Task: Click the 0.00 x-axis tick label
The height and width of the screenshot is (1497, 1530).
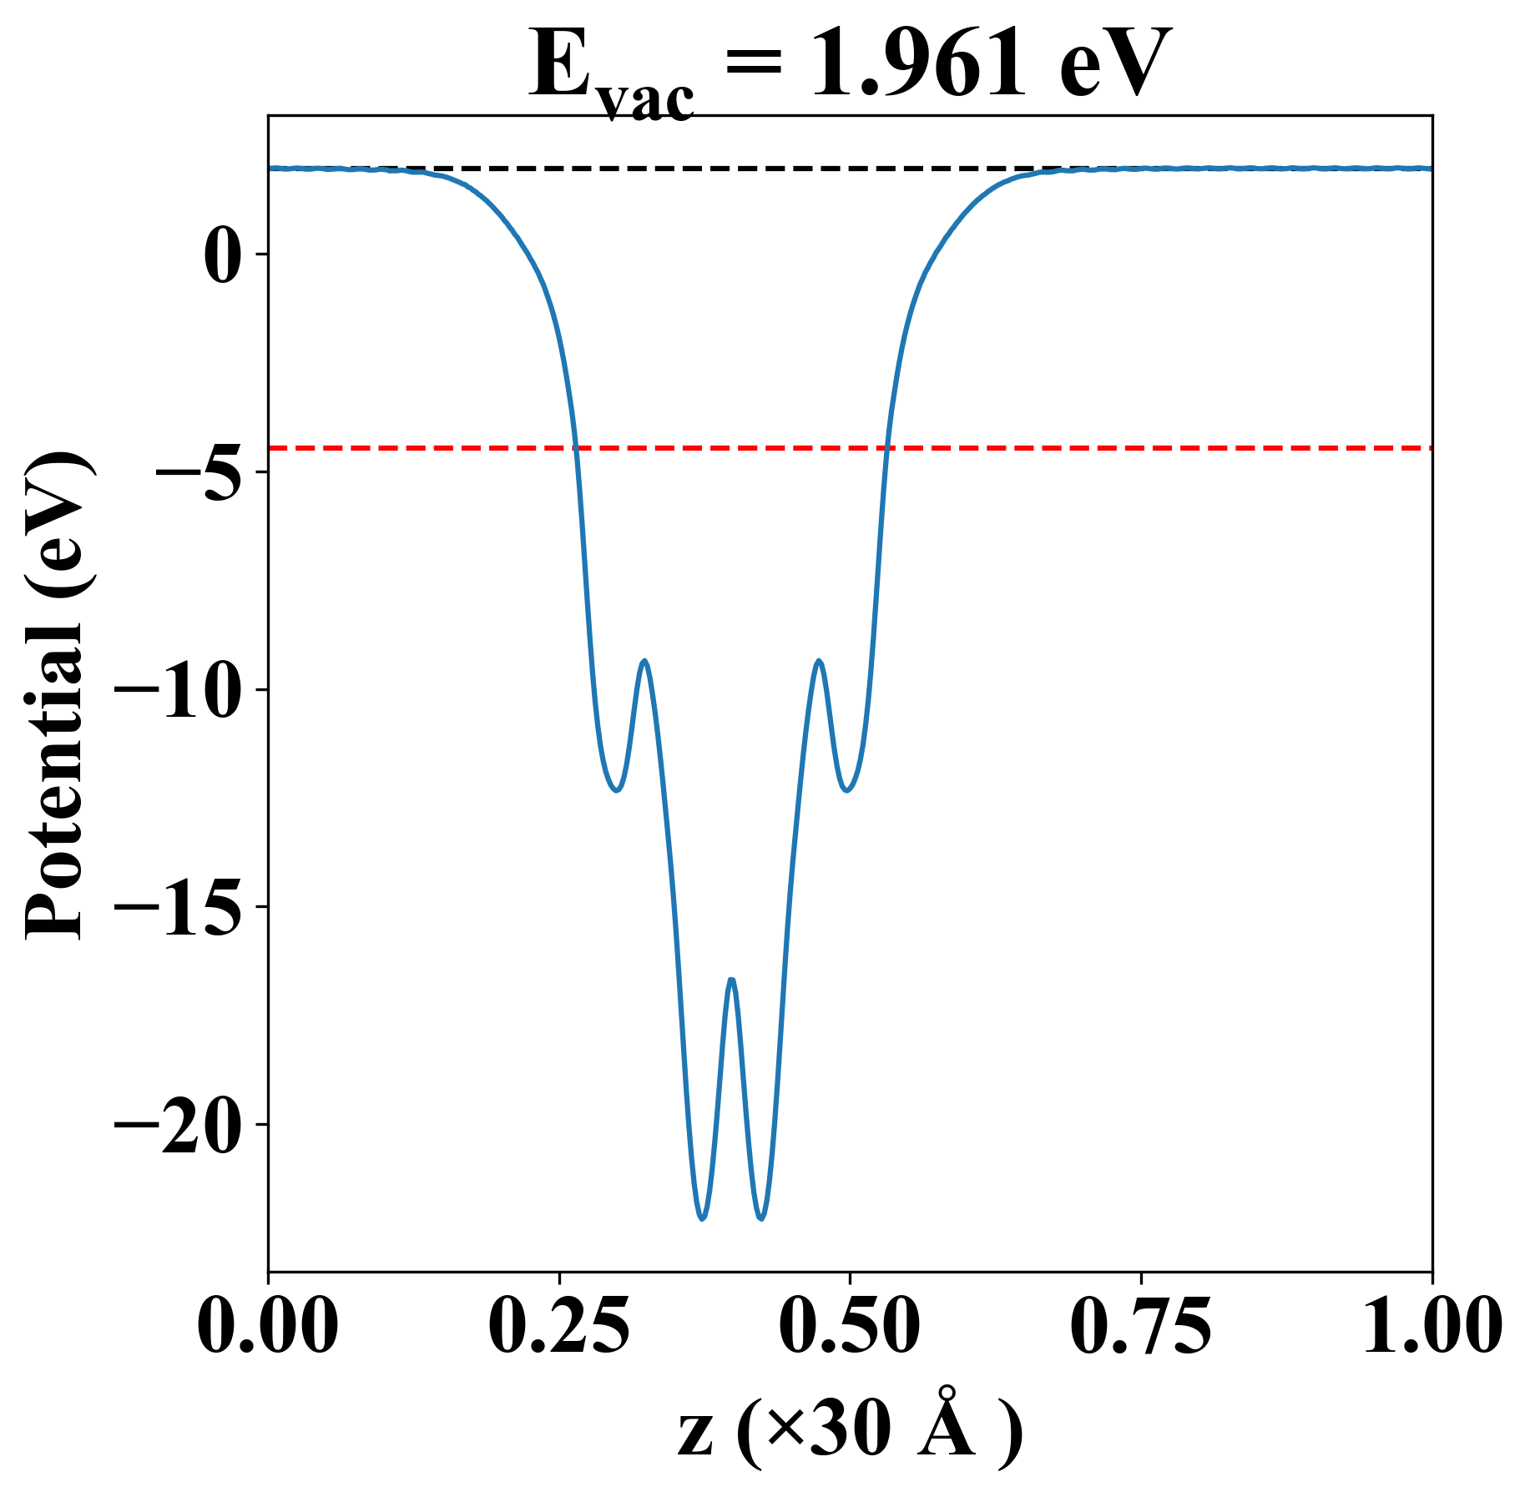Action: [x=268, y=1326]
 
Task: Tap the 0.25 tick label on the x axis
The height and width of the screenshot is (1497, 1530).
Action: [x=558, y=1326]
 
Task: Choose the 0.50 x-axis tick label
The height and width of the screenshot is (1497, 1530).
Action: [x=850, y=1326]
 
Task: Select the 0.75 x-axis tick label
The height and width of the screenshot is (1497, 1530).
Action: [x=1140, y=1326]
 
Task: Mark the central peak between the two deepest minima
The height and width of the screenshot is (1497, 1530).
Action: [x=731, y=980]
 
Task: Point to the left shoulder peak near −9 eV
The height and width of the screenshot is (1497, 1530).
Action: [x=644, y=661]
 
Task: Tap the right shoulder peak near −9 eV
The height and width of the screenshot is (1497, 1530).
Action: [x=819, y=661]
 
